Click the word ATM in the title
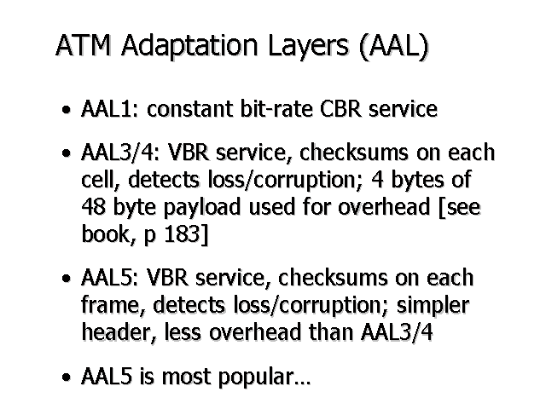[x=84, y=45]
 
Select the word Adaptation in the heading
[x=189, y=45]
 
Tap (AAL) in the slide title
[x=394, y=46]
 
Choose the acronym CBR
[x=340, y=108]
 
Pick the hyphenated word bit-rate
[x=276, y=108]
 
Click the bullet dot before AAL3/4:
[x=66, y=153]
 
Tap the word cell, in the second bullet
[x=101, y=180]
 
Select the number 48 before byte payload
[x=93, y=206]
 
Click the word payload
[x=202, y=207]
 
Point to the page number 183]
[x=186, y=234]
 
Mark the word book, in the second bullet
[x=108, y=234]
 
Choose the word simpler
[x=433, y=306]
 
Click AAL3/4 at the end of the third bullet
[x=397, y=332]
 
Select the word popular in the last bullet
[x=260, y=377]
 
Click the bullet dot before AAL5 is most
[x=66, y=377]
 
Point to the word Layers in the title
[x=308, y=46]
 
